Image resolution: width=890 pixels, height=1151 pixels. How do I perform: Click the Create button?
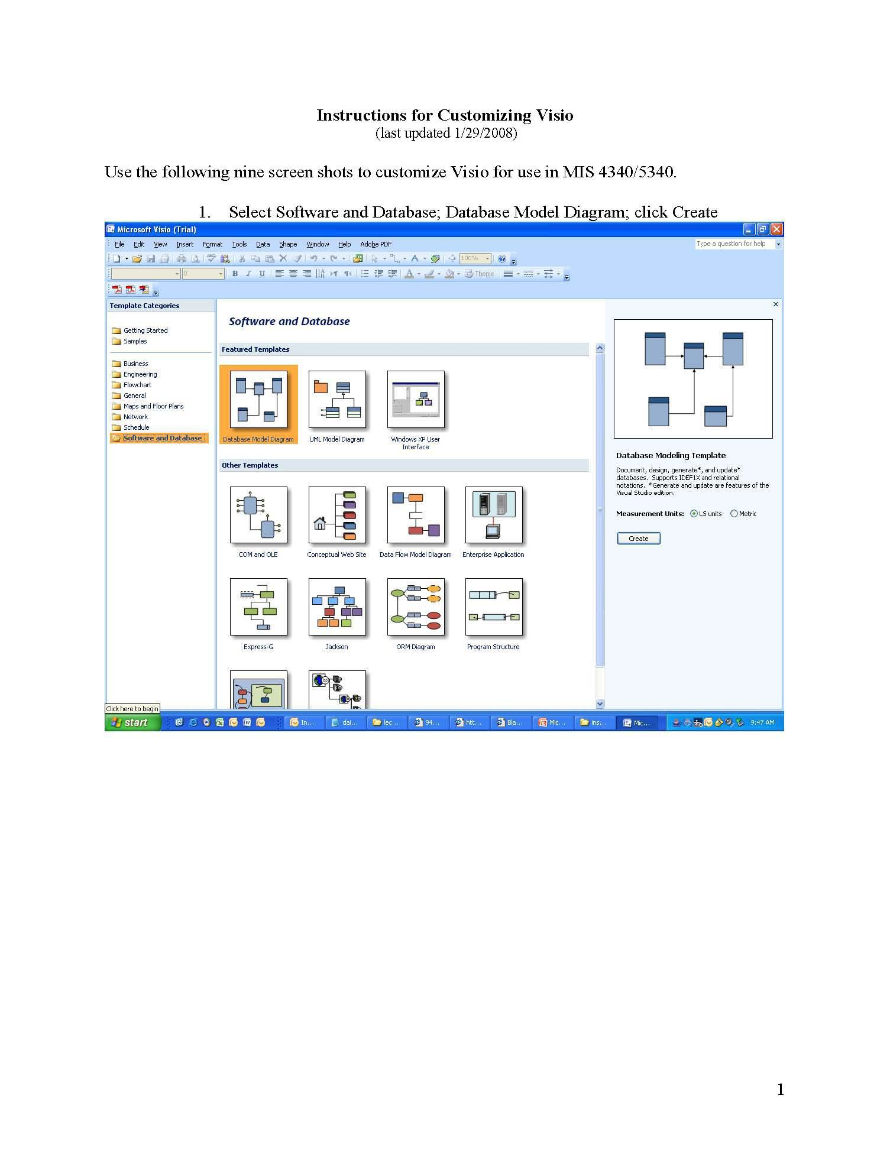point(638,539)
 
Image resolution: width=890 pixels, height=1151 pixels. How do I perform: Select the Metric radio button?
point(734,514)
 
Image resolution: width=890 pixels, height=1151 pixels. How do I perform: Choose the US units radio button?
point(694,514)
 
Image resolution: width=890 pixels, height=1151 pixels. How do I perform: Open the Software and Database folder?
point(162,438)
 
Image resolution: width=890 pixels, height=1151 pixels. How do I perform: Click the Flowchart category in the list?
point(137,385)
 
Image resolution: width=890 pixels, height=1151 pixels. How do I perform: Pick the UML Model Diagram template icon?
point(337,399)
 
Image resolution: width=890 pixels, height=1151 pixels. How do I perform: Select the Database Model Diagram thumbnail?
point(258,399)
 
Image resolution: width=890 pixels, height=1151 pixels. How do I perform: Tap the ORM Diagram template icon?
point(415,607)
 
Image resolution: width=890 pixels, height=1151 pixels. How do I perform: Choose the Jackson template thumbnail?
point(337,607)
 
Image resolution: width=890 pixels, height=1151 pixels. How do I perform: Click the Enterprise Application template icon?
point(494,515)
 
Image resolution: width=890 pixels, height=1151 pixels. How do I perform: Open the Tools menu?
point(240,244)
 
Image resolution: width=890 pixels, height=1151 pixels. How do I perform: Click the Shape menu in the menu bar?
point(288,244)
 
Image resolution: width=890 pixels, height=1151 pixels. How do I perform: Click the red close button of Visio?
point(776,229)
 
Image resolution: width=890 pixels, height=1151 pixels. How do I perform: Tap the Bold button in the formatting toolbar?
point(235,274)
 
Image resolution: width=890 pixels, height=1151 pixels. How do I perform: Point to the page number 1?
point(780,1090)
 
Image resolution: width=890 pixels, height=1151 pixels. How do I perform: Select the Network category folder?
point(135,417)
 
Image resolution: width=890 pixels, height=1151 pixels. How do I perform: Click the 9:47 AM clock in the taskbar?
point(762,722)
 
